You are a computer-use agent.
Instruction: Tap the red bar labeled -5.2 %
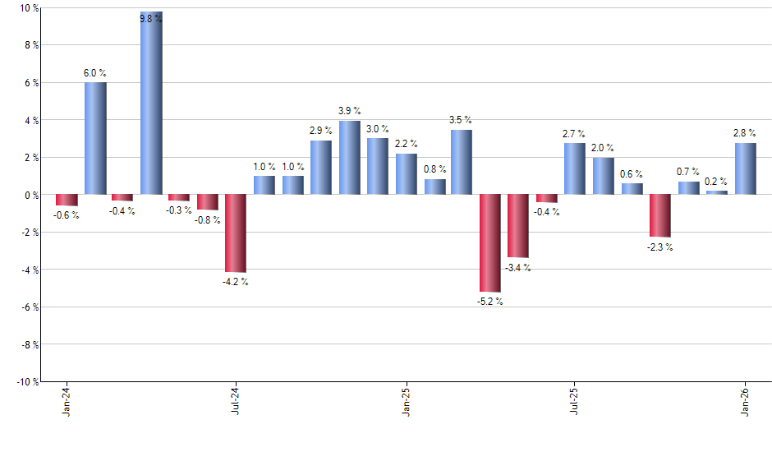(x=490, y=243)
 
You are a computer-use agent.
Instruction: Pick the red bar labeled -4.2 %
(x=236, y=233)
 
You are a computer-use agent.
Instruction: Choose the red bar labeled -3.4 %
(x=518, y=226)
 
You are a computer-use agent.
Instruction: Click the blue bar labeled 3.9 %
(x=349, y=158)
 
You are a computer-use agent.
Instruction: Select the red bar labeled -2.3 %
(x=659, y=215)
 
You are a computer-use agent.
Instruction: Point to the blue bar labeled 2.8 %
(x=745, y=168)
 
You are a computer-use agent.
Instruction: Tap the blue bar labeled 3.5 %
(x=462, y=162)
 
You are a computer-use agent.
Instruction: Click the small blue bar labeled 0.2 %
(x=716, y=192)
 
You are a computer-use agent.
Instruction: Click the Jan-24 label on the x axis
(x=66, y=401)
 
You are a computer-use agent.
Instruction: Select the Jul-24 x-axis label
(x=236, y=401)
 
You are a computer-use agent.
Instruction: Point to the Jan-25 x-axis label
(x=406, y=401)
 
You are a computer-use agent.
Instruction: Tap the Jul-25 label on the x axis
(x=575, y=401)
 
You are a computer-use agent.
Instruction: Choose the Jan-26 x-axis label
(x=745, y=401)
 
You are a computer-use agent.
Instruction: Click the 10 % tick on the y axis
(x=30, y=8)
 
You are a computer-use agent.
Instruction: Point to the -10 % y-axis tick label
(x=28, y=381)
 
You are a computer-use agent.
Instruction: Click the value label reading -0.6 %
(x=66, y=215)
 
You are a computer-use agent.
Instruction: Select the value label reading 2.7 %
(x=574, y=134)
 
